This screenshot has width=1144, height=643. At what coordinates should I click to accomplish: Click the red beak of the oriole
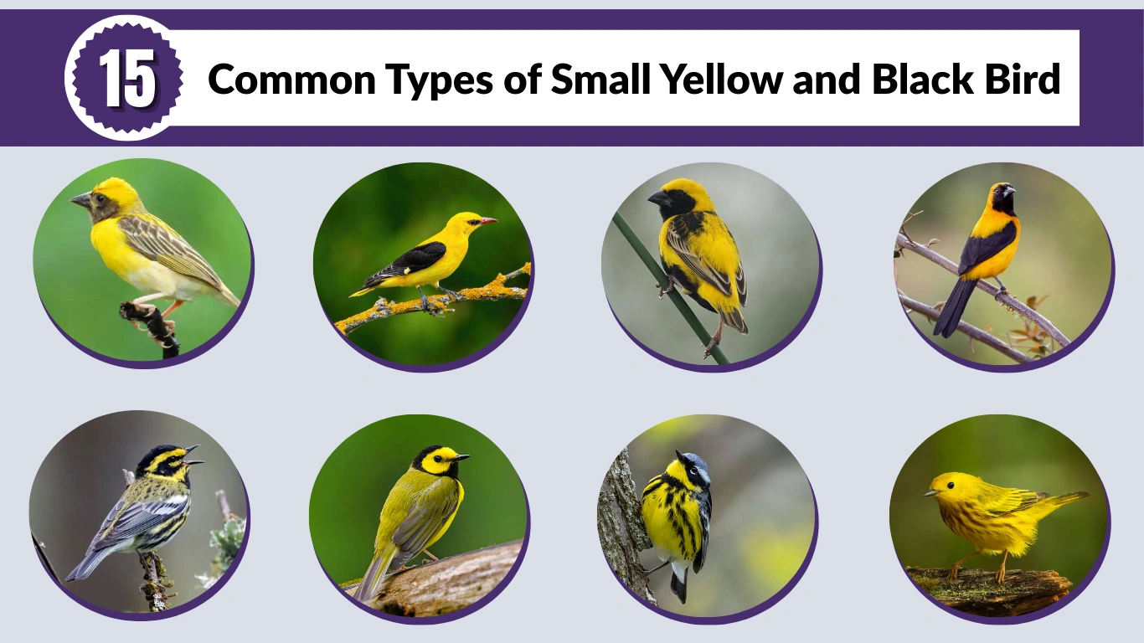point(487,221)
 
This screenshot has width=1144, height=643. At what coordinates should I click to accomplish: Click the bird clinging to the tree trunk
point(677,511)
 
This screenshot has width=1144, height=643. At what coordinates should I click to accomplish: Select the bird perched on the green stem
point(700,251)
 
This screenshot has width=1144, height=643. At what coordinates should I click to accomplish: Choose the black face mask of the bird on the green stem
point(678,203)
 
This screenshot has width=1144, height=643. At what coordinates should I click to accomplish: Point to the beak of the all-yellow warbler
point(929,493)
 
